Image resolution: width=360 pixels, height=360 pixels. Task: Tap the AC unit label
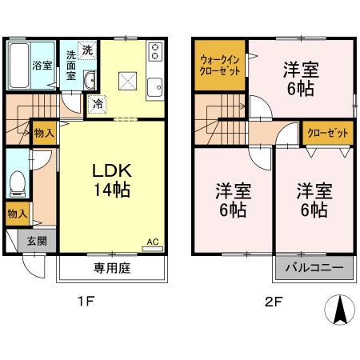tap(152, 241)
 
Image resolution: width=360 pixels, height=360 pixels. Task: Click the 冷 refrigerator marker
tap(98, 102)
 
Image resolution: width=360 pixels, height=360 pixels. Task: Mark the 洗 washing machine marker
tap(87, 50)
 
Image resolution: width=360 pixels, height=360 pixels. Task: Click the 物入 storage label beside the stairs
tap(44, 134)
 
